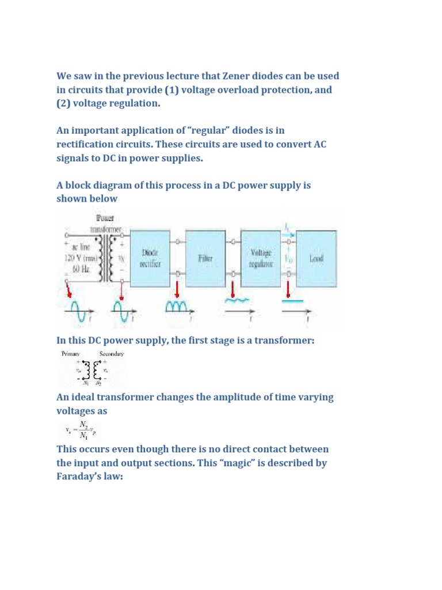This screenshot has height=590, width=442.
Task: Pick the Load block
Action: pyautogui.click(x=317, y=258)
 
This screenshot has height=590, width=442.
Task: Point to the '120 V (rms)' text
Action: pyautogui.click(x=81, y=258)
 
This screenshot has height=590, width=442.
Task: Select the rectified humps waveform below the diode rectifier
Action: pyautogui.click(x=180, y=307)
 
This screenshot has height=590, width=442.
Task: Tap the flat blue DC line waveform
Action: pyautogui.click(x=294, y=301)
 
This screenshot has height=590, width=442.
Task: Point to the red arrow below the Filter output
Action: pyautogui.click(x=233, y=288)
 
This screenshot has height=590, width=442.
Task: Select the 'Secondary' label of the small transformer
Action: pyautogui.click(x=112, y=354)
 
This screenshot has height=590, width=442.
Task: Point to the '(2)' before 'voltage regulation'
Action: pyautogui.click(x=64, y=104)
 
